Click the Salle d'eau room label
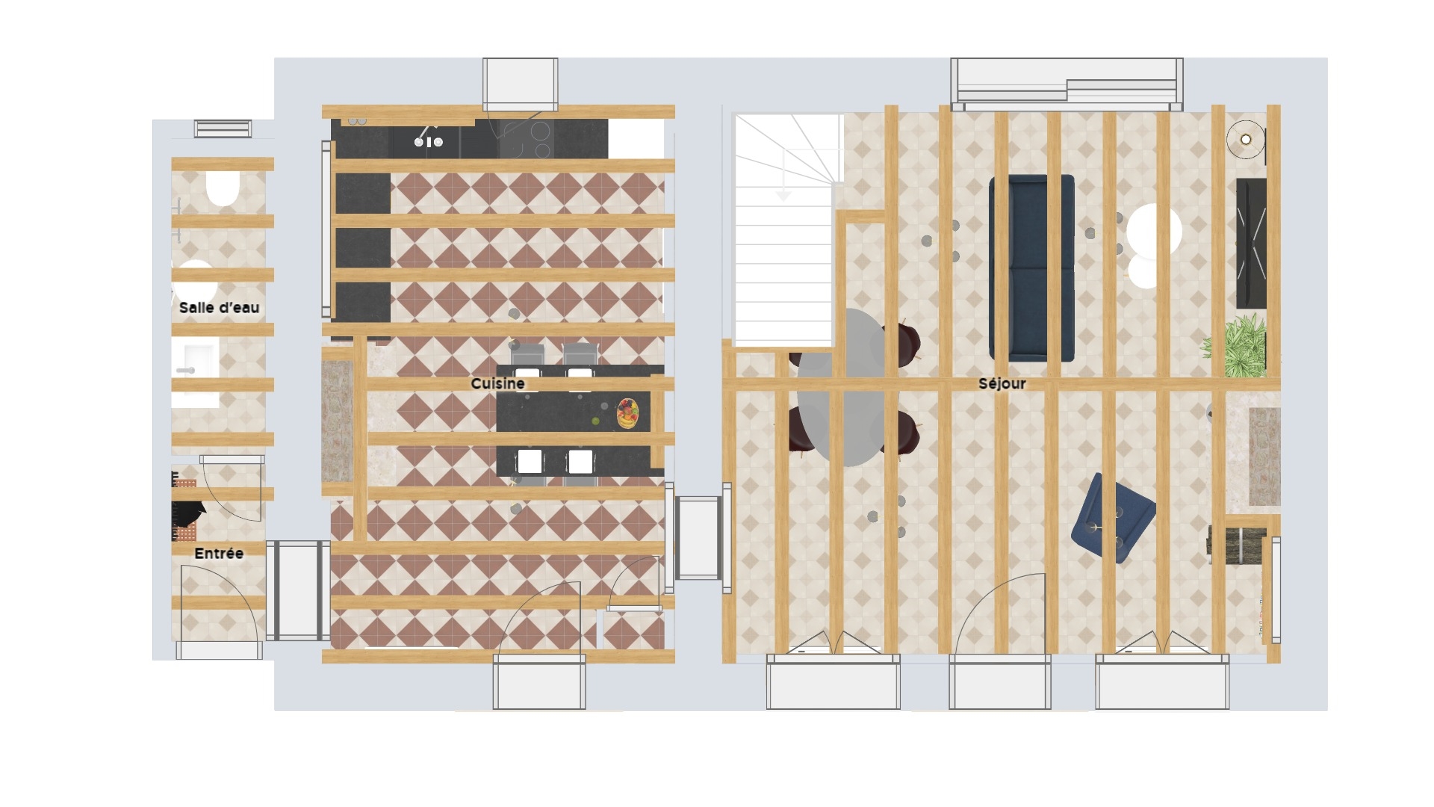point(219,307)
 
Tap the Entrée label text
point(219,554)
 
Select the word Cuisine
point(497,383)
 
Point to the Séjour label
point(1002,383)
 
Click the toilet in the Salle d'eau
point(221,188)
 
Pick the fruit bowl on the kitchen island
point(627,413)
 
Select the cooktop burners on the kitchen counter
point(526,140)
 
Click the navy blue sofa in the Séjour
point(1031,268)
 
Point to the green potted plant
point(1235,344)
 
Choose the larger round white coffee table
point(1155,230)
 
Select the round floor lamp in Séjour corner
point(1246,140)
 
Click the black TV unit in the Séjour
point(1251,244)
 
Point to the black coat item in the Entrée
point(188,513)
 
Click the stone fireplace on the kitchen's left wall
point(337,421)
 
